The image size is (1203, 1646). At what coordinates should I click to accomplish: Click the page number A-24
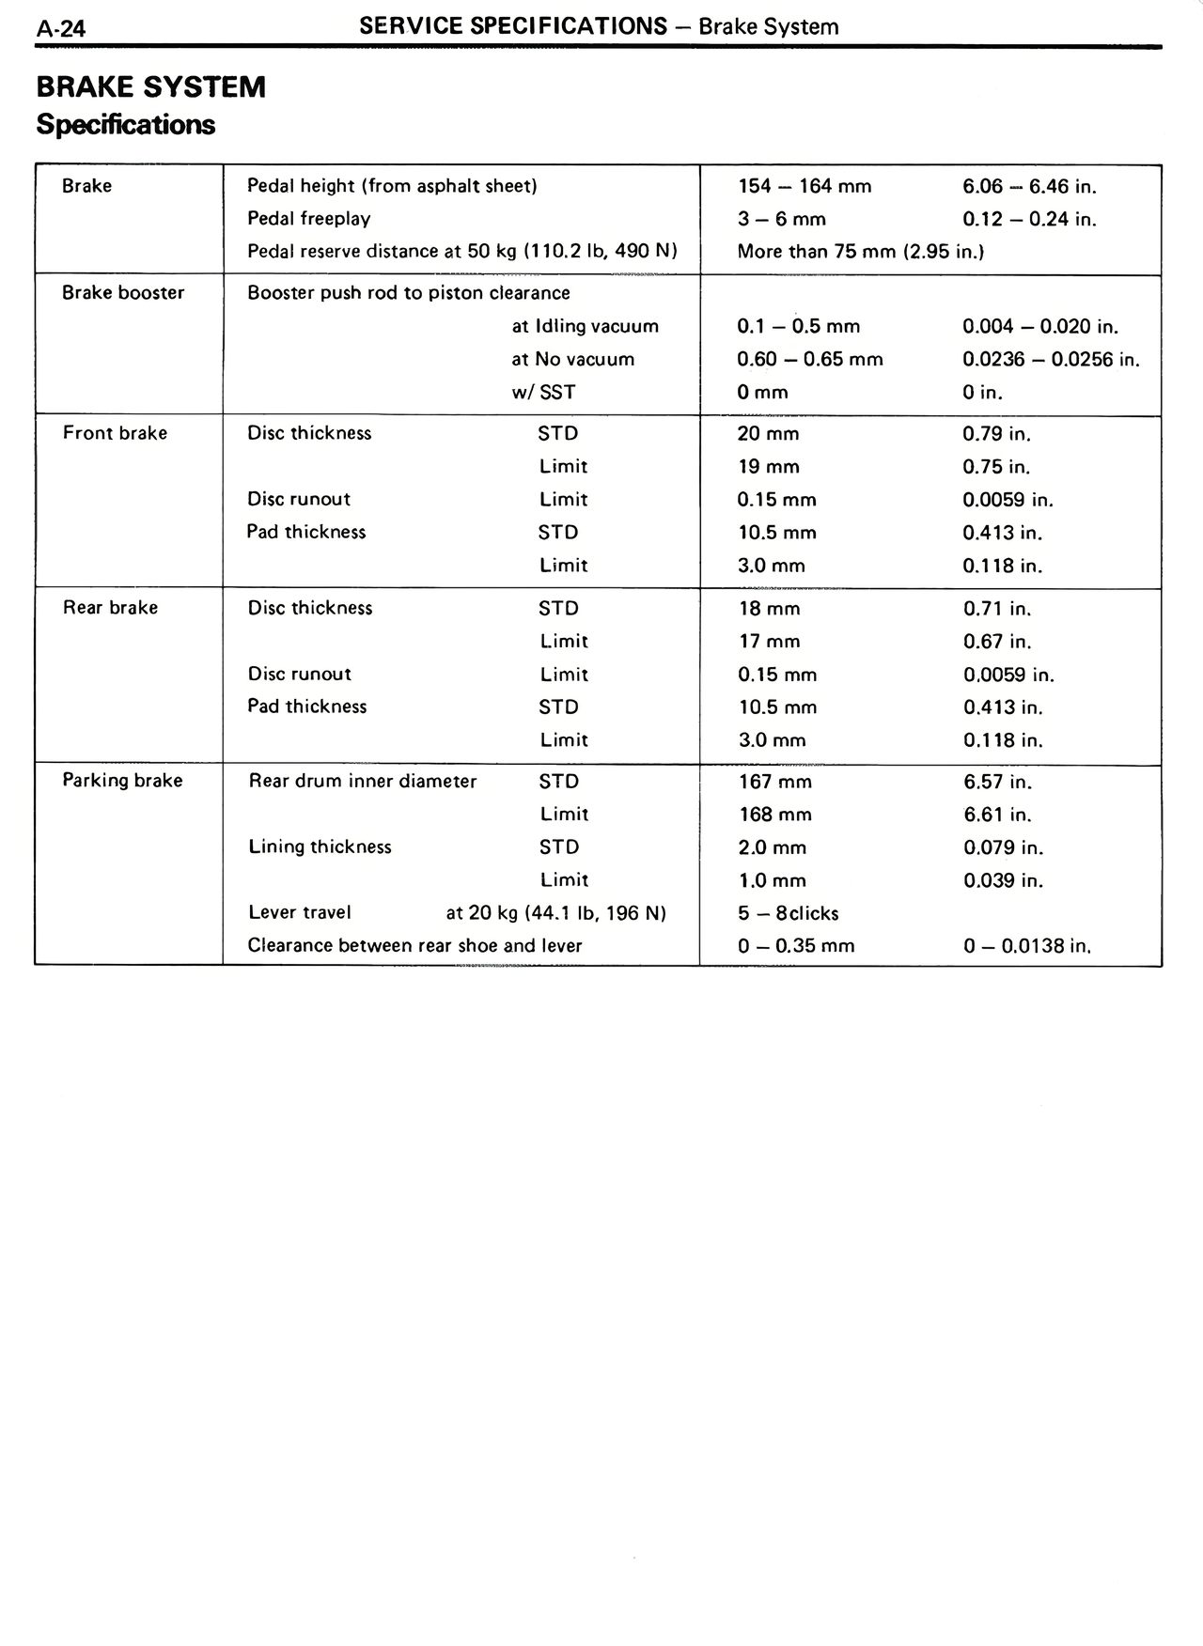[x=60, y=28]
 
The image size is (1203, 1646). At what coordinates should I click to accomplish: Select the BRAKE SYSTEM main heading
[x=150, y=87]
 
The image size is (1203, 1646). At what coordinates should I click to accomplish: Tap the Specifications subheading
[x=125, y=125]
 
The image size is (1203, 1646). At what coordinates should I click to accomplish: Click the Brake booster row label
[x=123, y=293]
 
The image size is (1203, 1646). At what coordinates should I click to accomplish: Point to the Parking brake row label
[x=122, y=781]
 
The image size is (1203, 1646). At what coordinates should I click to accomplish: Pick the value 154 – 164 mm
[x=805, y=186]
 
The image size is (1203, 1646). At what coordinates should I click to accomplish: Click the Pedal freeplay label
[x=308, y=219]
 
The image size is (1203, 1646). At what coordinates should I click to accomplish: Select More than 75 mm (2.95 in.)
[x=860, y=252]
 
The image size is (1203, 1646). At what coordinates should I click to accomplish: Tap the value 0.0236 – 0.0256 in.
[x=1051, y=360]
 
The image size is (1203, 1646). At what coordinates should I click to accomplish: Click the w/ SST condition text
[x=543, y=393]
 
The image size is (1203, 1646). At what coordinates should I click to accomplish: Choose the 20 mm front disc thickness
[x=768, y=434]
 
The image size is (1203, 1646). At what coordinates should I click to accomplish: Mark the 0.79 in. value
[x=996, y=434]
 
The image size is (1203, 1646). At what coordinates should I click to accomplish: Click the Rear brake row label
[x=110, y=608]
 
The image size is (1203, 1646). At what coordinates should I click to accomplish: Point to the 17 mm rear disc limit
[x=769, y=642]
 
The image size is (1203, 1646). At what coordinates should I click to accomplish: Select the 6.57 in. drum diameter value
[x=997, y=782]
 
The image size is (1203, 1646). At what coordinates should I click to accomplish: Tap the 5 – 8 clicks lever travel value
[x=788, y=913]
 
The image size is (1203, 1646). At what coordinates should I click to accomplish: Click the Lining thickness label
[x=320, y=847]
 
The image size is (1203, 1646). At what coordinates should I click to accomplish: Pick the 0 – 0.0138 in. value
[x=1026, y=946]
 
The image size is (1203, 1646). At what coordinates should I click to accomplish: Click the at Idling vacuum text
[x=585, y=327]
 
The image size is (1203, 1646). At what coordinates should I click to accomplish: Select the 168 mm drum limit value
[x=774, y=815]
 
